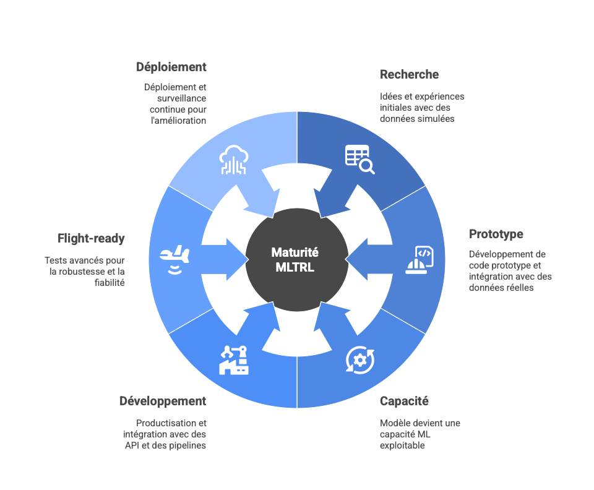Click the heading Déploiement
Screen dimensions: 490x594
[x=171, y=67]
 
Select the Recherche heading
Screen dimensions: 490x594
[x=409, y=74]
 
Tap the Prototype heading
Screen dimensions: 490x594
[x=496, y=234]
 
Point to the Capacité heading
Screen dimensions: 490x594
[x=404, y=401]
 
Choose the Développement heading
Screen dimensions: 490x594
[x=163, y=401]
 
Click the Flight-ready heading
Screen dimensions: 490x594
[x=91, y=238]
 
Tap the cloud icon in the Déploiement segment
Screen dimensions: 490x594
[x=234, y=160]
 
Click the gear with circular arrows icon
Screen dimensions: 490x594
[x=359, y=359]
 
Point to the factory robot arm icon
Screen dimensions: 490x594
[x=234, y=359]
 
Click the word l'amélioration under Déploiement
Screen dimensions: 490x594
[x=179, y=120]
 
